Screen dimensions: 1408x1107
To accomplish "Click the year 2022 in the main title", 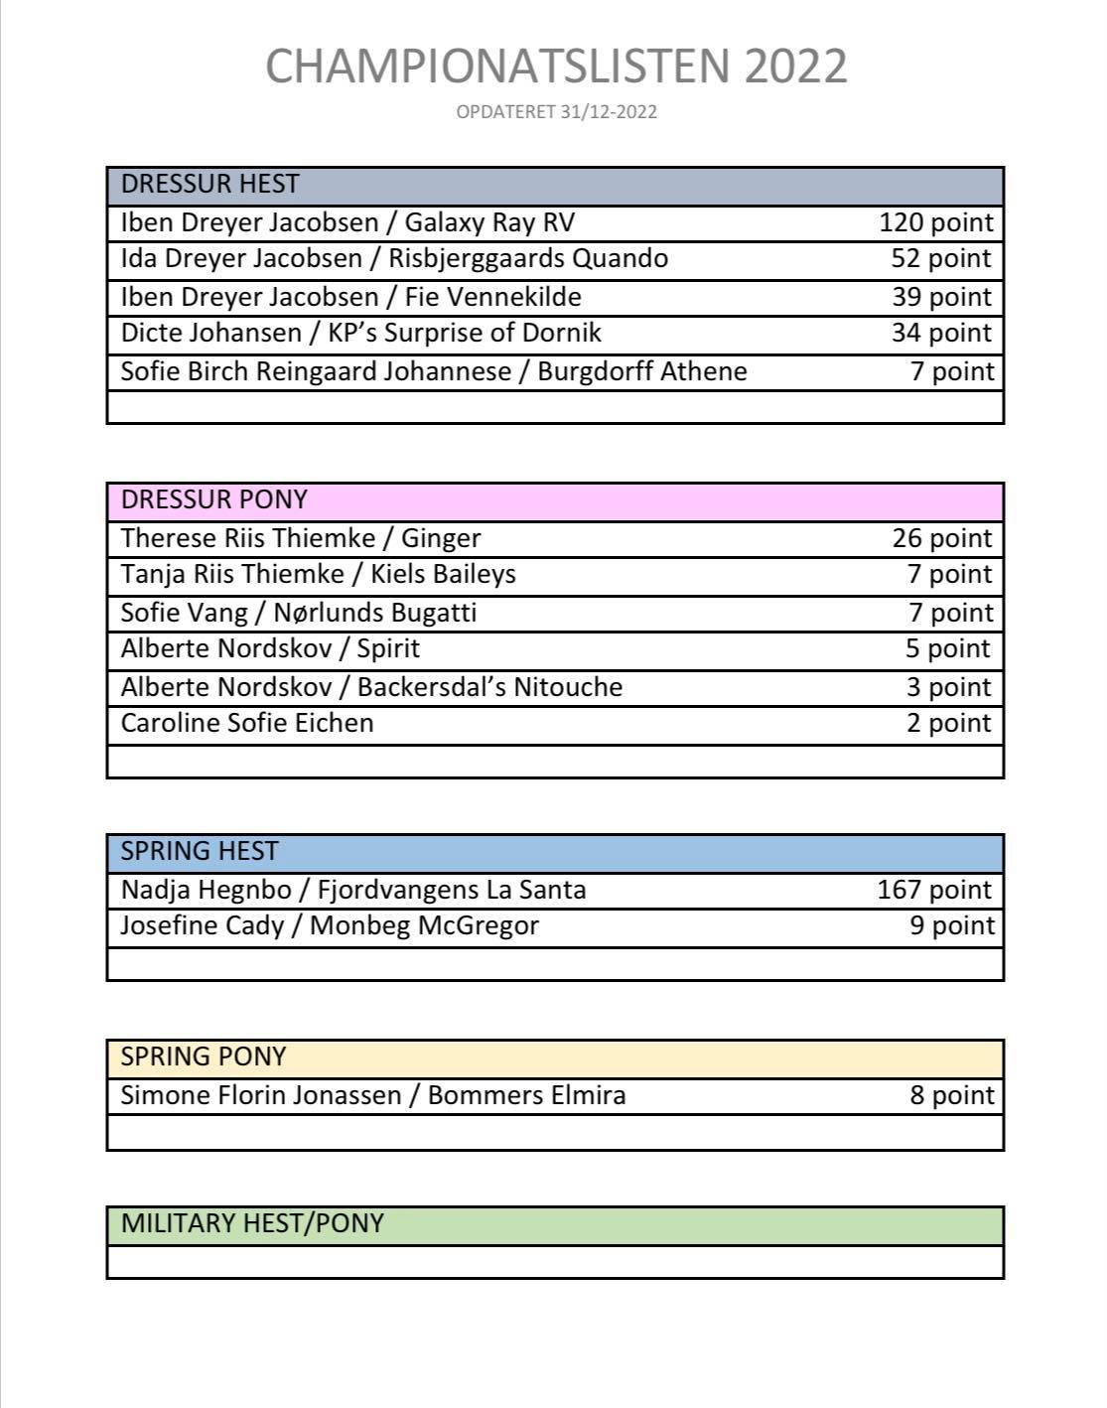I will pyautogui.click(x=794, y=67).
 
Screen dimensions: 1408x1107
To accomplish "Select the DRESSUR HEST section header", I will pyautogui.click(x=209, y=184).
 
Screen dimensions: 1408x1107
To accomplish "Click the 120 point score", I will pyautogui.click(x=935, y=222).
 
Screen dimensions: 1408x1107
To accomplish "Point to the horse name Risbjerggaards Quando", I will pyautogui.click(x=527, y=259).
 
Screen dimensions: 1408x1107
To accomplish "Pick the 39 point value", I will pyautogui.click(x=941, y=297).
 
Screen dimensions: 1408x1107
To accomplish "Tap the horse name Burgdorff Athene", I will pyautogui.click(x=642, y=371).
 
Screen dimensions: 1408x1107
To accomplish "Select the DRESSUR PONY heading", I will pyautogui.click(x=213, y=499).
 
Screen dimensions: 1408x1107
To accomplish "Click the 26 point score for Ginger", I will pyautogui.click(x=941, y=538).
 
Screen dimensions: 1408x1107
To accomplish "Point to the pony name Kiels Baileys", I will pyautogui.click(x=443, y=574).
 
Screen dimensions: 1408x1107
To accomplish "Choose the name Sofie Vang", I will pyautogui.click(x=184, y=613).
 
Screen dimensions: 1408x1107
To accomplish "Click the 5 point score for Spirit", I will pyautogui.click(x=947, y=649).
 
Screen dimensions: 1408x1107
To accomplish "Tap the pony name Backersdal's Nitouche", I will pyautogui.click(x=489, y=687).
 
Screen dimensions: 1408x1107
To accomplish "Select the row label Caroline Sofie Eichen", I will pyautogui.click(x=247, y=723).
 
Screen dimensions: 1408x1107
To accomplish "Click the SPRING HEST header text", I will pyautogui.click(x=199, y=852).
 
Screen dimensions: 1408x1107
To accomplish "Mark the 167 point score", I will pyautogui.click(x=934, y=890).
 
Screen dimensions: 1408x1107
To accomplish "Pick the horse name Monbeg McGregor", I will pyautogui.click(x=424, y=925).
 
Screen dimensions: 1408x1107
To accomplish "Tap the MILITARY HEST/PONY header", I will pyautogui.click(x=252, y=1223).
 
